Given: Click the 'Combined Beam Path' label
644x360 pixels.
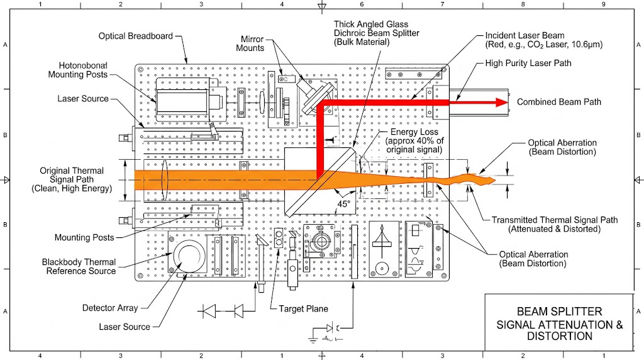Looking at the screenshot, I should point(558,102).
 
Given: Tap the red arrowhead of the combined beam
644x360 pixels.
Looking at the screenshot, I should point(501,102).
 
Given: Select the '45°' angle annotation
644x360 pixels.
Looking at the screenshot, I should point(343,203).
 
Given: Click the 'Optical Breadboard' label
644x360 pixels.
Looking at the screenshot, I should point(135,36).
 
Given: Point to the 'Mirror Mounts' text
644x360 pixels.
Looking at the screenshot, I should point(250,43).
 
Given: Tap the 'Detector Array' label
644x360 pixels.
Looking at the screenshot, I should point(110,308).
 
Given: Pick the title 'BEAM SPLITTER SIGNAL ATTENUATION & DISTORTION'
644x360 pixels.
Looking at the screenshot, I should point(559,323).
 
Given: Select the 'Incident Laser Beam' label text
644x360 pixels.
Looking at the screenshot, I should point(525,40).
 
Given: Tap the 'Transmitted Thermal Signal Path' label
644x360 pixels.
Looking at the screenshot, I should point(555,225).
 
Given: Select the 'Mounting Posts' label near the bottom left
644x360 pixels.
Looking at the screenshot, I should point(84,237).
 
